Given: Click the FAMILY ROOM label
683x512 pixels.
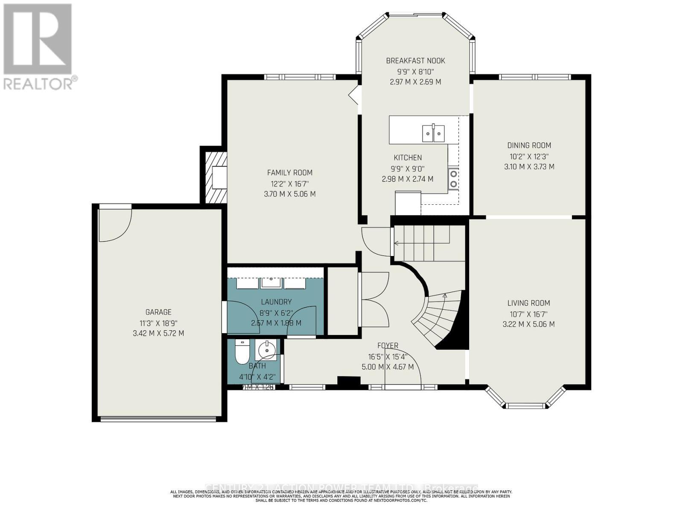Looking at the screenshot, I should coord(289,173).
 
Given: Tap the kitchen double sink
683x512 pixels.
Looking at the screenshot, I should coord(433,133).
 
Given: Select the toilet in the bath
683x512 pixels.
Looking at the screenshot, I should coord(242,352).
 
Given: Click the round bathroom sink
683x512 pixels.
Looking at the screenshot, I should coord(268,350).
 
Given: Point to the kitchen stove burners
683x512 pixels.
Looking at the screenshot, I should coord(453,179).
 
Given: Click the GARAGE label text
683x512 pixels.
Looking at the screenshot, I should coord(158,312).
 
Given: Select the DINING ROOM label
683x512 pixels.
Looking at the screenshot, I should coord(529,145).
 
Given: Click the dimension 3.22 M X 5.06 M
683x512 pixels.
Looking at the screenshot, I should coord(528,324).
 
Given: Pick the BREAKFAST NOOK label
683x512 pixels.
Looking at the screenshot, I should coord(415,61).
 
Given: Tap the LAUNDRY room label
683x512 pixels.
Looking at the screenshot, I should coord(276,302).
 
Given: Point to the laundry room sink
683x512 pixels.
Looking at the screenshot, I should coord(271,282).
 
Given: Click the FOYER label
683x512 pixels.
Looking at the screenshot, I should coord(388,346).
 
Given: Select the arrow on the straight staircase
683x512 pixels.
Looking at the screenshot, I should coord(396,243).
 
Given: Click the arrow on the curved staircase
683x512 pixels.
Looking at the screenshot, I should coord(445,295).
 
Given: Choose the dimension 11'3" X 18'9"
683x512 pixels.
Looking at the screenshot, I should coord(158,323).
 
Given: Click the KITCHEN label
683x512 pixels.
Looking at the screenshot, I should coord(408,158).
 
